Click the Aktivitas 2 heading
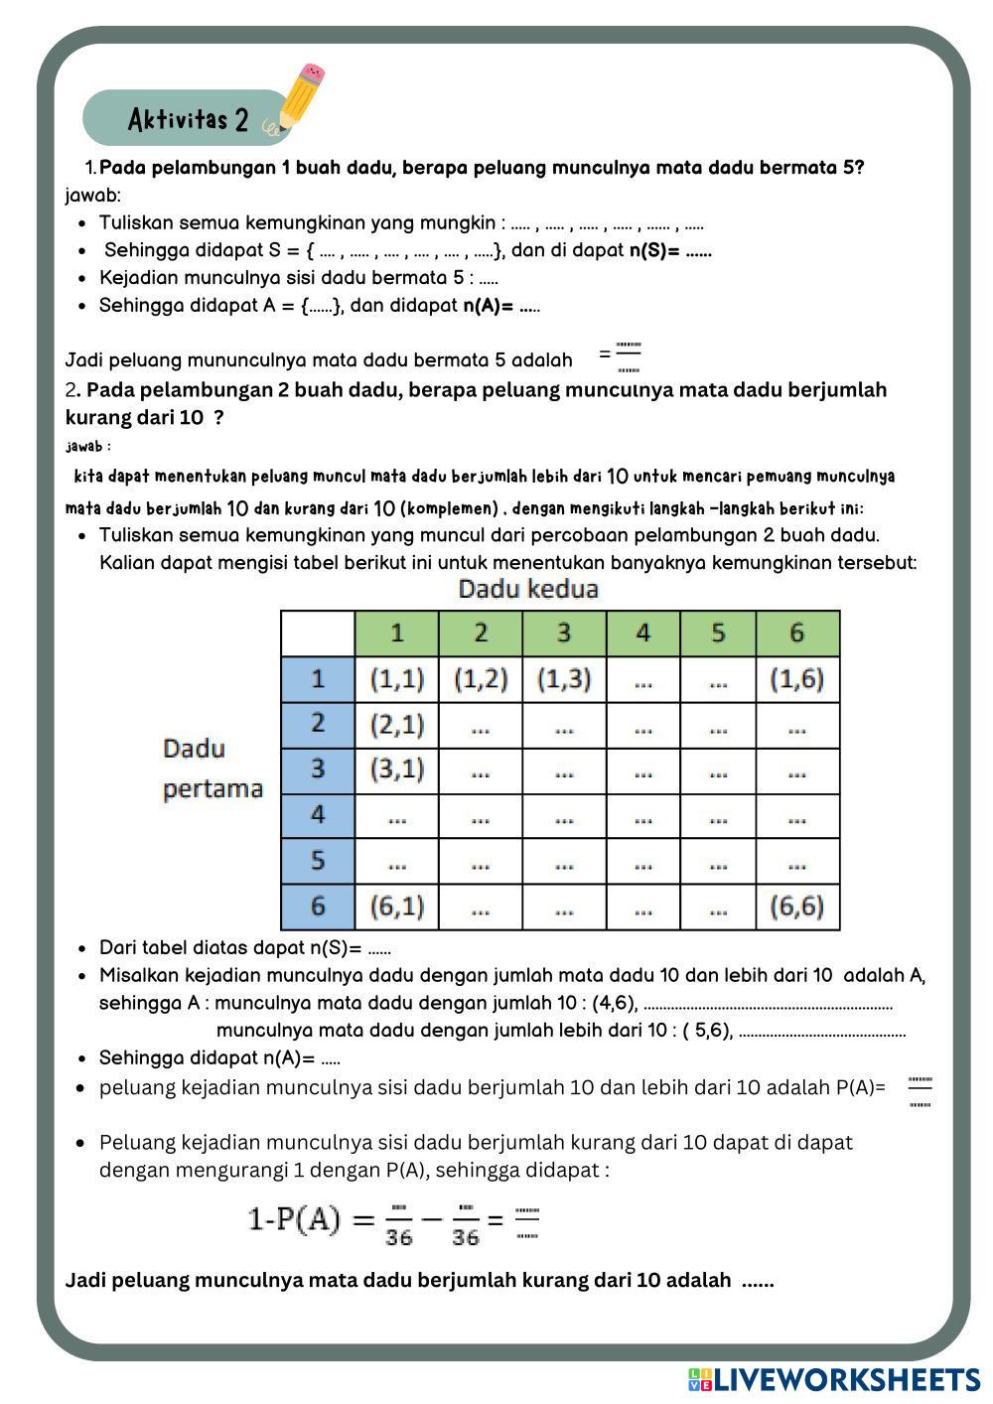point(188,120)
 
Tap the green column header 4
point(642,633)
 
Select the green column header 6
point(796,633)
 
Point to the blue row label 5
point(318,860)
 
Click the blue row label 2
point(318,724)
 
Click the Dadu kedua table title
point(528,589)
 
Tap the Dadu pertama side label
point(213,769)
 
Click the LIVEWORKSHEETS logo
point(834,1379)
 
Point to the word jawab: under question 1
point(92,196)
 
